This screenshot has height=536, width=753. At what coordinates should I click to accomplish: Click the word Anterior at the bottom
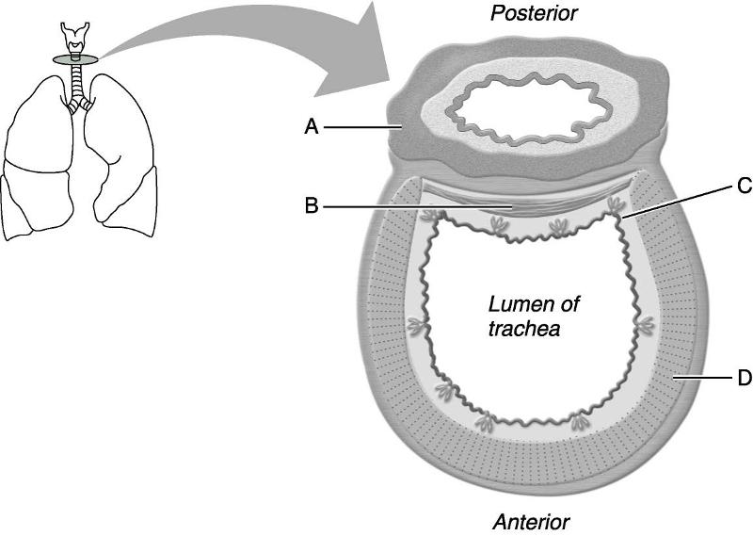click(x=531, y=521)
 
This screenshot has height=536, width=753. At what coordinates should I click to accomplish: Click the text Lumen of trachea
click(x=534, y=317)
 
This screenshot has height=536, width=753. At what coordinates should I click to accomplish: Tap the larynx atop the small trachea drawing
click(x=73, y=38)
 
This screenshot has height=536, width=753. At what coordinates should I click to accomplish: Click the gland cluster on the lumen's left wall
click(x=415, y=327)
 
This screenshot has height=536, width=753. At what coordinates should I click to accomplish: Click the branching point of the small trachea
click(x=74, y=102)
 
